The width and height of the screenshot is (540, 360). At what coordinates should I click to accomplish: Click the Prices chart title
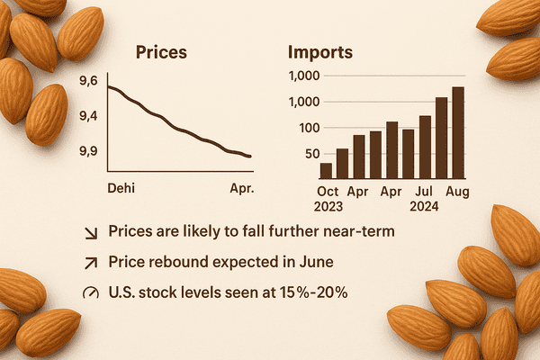(161, 51)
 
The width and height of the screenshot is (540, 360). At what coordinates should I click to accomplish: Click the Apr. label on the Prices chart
(241, 189)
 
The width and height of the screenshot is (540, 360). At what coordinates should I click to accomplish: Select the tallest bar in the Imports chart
(458, 132)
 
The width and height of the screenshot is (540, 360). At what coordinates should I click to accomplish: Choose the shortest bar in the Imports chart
(326, 170)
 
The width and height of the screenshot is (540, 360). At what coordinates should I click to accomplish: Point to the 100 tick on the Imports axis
(309, 127)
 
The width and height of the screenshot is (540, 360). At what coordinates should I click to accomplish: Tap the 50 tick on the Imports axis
(312, 154)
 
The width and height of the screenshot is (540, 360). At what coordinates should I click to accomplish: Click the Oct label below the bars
(328, 191)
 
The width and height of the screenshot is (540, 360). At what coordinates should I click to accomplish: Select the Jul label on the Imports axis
(424, 191)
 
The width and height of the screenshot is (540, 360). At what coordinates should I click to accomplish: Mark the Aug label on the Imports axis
(458, 191)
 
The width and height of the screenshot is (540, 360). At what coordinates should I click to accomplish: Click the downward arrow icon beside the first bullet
(90, 233)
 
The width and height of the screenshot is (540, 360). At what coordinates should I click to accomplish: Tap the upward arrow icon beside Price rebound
(90, 263)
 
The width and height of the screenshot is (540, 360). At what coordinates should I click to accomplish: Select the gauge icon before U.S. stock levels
(90, 292)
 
